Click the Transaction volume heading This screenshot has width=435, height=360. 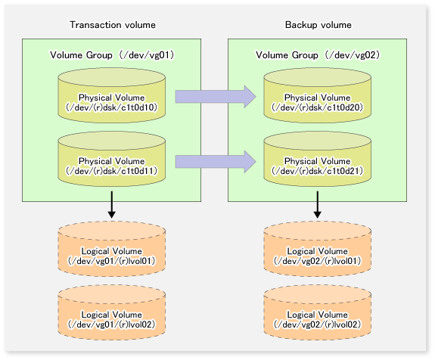[x=110, y=25]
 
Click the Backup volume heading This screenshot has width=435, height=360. [x=318, y=25]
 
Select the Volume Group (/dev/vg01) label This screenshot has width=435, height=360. [x=111, y=56]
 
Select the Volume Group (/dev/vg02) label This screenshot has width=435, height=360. [x=318, y=56]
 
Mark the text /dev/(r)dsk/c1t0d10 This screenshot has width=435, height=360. [x=111, y=105]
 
